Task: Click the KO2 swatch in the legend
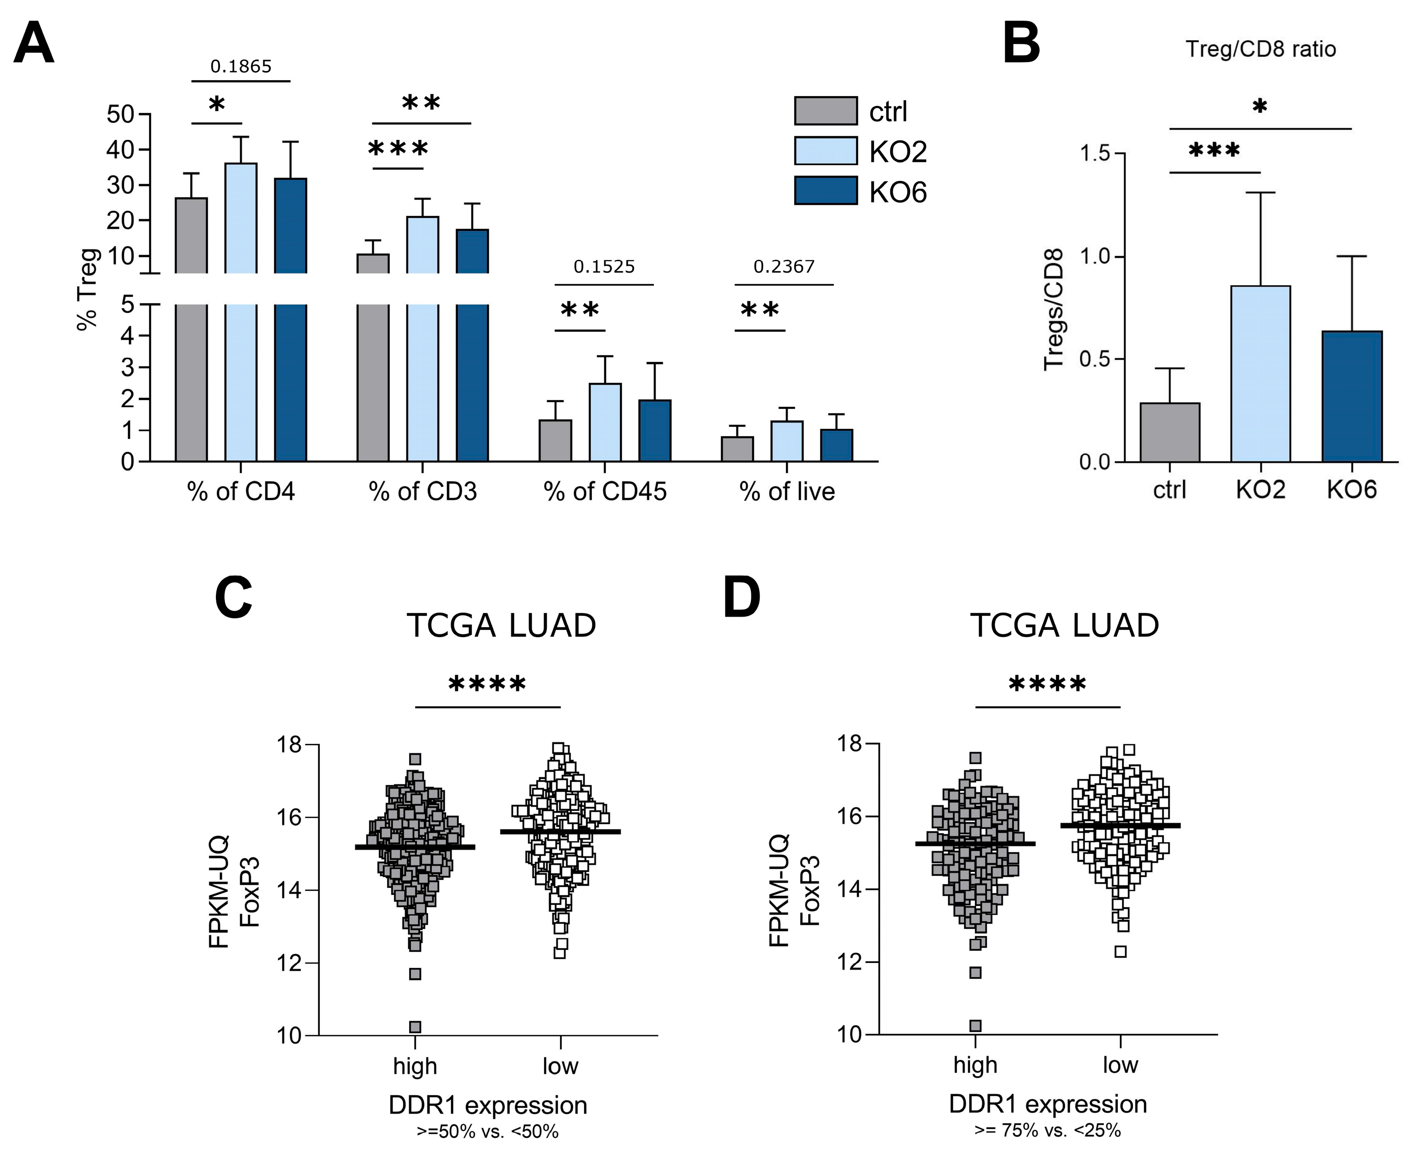coord(825,151)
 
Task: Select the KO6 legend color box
coord(825,191)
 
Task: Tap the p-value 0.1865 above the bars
coord(241,66)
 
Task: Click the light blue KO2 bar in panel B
coord(1260,374)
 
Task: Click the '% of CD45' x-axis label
coord(605,492)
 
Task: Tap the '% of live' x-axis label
coord(787,492)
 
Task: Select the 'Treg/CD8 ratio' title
coord(1260,49)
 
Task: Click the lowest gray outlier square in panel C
coord(415,1026)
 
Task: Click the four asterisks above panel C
coord(487,684)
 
